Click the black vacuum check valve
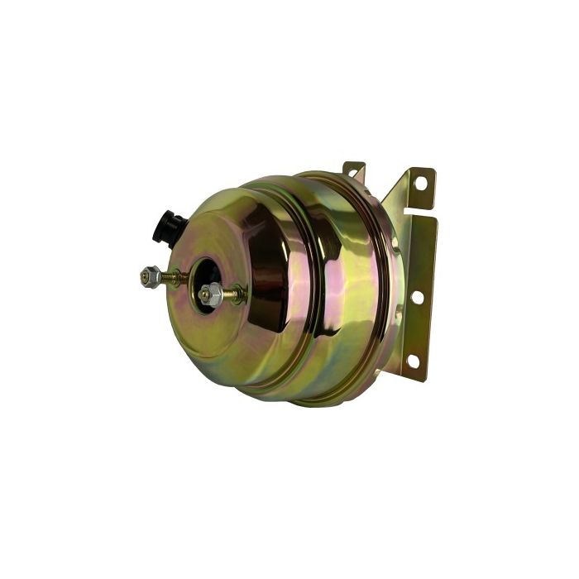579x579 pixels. (168, 225)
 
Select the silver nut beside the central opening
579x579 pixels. (209, 294)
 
